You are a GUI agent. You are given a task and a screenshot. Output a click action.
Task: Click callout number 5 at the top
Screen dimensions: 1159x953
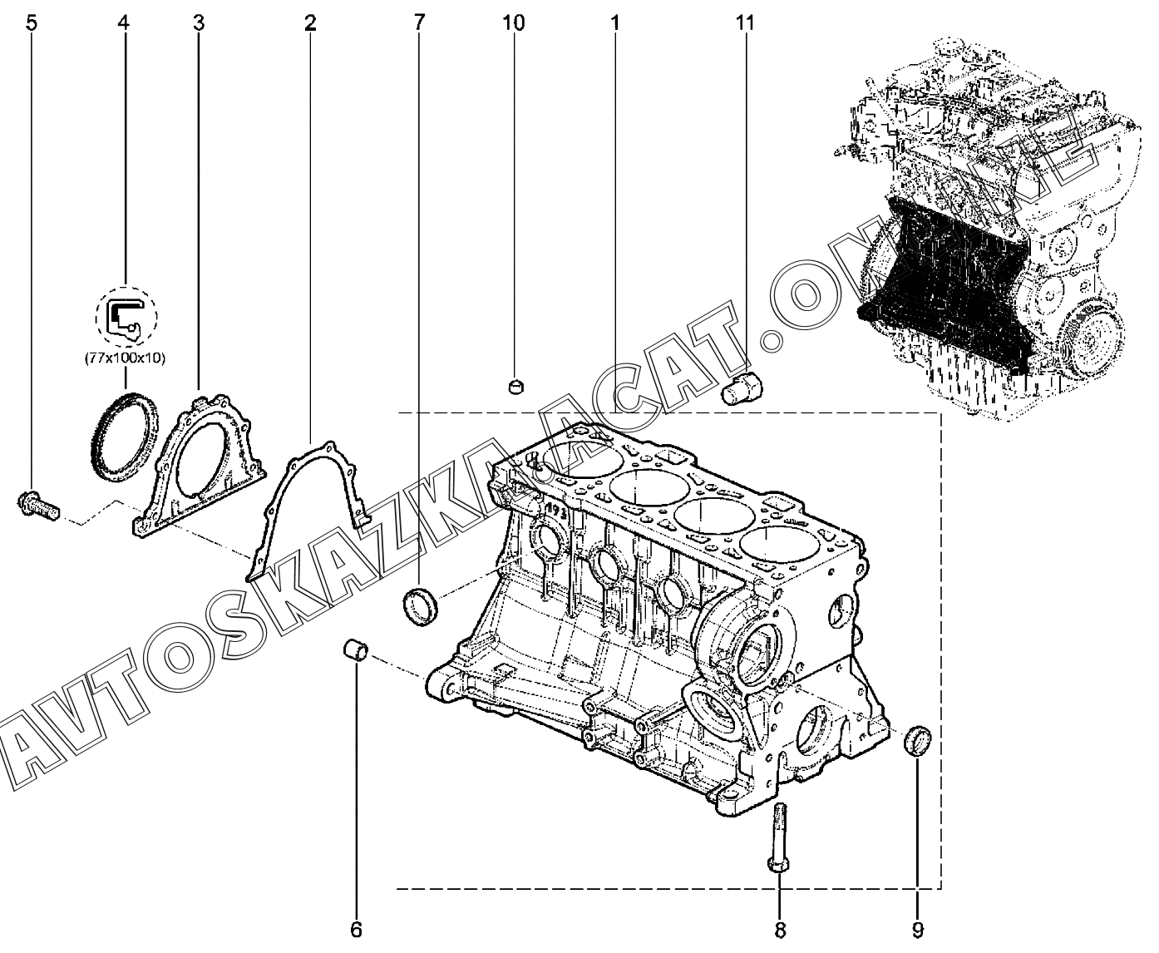(x=32, y=23)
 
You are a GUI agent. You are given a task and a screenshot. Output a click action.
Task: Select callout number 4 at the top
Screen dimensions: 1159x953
(x=124, y=23)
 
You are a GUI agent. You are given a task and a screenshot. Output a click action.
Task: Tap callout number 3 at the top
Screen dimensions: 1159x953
(x=199, y=23)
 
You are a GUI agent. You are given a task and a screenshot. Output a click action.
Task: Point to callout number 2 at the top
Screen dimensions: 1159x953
(x=310, y=23)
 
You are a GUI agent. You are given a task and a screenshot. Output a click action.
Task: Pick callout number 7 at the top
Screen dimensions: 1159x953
(x=419, y=23)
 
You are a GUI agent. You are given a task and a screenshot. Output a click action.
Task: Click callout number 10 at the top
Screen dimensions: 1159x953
(x=514, y=23)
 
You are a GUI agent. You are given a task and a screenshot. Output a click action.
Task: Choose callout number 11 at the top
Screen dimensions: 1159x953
(x=745, y=23)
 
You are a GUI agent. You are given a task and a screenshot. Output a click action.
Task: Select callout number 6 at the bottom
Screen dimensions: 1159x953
(x=356, y=930)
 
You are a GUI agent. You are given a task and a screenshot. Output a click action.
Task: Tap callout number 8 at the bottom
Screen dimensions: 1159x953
(x=780, y=931)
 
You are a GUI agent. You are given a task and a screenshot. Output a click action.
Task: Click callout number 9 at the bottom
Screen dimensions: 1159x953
(x=918, y=931)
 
